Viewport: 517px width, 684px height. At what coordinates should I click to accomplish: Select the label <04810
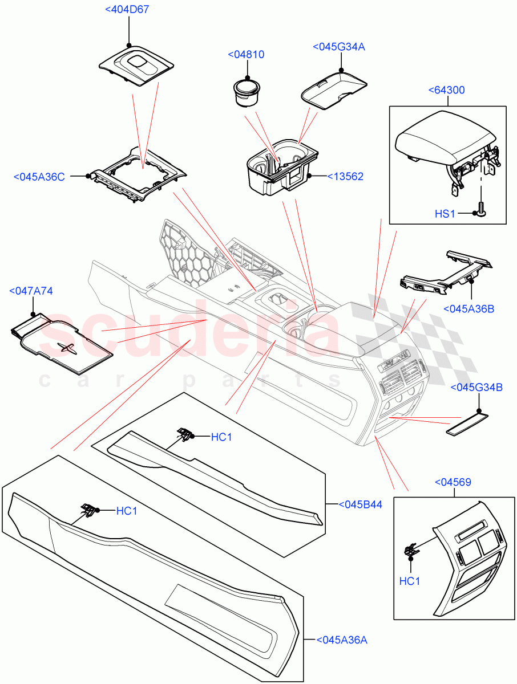246,54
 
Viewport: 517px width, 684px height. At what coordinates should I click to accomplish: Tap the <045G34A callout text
338,47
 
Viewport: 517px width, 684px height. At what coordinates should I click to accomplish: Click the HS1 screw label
446,214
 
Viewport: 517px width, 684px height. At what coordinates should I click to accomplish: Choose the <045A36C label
39,177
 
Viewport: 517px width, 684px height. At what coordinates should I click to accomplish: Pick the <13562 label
345,177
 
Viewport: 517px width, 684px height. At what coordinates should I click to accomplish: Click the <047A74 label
31,291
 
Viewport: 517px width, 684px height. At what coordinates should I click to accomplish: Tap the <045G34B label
476,388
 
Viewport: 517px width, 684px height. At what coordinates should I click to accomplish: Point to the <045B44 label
360,504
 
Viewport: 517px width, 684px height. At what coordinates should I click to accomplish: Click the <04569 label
453,482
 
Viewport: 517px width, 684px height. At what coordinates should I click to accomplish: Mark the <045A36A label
341,640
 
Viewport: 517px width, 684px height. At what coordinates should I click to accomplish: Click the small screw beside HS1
481,210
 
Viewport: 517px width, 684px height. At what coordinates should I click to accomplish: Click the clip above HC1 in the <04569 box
410,550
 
